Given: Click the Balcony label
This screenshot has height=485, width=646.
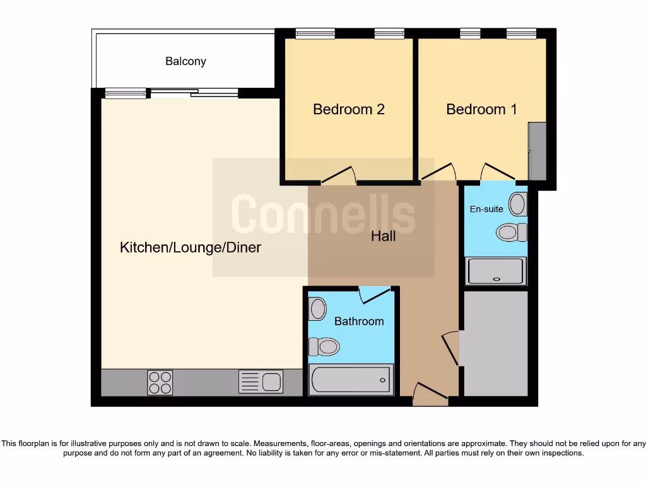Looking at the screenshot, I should [185, 61].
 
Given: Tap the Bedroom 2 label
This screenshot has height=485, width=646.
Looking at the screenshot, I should [349, 109].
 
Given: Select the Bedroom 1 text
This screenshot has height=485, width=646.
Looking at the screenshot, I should [481, 109].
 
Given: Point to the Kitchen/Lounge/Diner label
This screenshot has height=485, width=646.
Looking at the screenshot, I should [191, 248].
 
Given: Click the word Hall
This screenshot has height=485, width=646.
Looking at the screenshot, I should [384, 236].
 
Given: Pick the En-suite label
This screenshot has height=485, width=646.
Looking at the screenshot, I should [486, 208].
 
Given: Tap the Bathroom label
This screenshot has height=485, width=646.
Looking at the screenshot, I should [359, 321].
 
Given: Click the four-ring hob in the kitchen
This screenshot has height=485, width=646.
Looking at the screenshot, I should [160, 382].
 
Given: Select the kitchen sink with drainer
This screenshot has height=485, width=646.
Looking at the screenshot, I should [261, 381].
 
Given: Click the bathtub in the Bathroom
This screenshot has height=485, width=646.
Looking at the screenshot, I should [351, 380].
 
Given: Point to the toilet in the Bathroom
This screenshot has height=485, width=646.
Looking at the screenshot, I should [324, 347].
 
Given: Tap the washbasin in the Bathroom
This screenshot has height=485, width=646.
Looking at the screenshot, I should [317, 309].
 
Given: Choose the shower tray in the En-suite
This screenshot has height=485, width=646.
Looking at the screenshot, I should [495, 271].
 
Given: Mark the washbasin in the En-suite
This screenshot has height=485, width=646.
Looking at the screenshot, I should [518, 205].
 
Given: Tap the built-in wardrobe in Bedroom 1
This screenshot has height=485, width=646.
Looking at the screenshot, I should [537, 151].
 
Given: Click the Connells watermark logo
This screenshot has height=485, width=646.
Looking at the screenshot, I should [323, 215].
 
